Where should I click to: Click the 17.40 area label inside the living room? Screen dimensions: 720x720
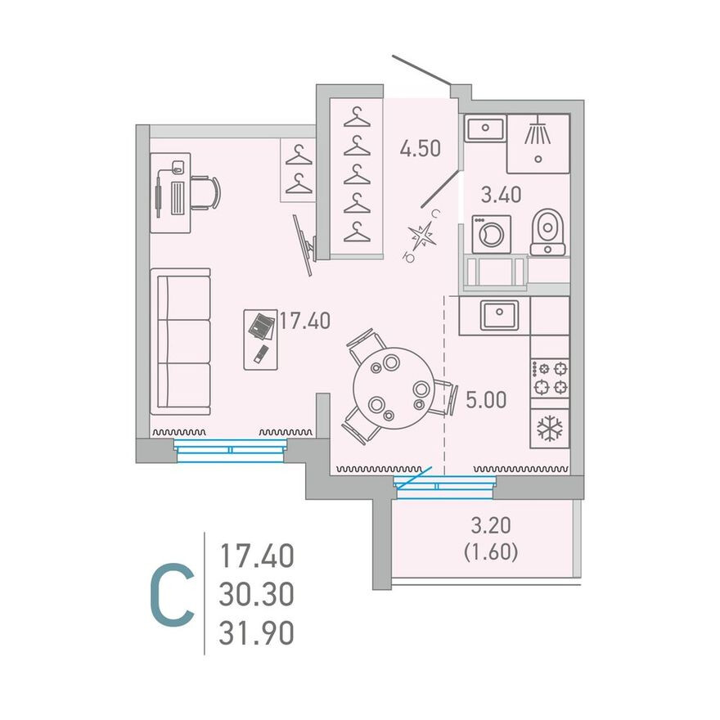coord(305,320)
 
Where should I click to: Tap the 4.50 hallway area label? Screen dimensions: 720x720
coord(421,148)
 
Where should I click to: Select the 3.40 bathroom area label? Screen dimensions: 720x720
coord(501,194)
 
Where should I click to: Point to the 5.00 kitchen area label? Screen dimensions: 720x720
coord(486,399)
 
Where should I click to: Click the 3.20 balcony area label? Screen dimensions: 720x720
coord(491,525)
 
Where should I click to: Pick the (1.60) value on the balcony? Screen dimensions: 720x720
coord(491,552)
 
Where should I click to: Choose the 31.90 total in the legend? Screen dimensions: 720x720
coord(256,632)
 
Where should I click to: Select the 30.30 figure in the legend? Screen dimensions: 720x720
coord(256,594)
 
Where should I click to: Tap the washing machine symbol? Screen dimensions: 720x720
coord(492,234)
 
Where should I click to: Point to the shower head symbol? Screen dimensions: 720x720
coord(538,129)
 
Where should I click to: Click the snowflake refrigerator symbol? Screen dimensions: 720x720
coord(549,429)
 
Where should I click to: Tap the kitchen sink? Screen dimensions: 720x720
coord(499,316)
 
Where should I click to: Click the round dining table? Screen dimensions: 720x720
coord(394,389)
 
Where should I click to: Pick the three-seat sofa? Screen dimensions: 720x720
coord(181,342)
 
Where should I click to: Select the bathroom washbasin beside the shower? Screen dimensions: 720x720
coord(485,128)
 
